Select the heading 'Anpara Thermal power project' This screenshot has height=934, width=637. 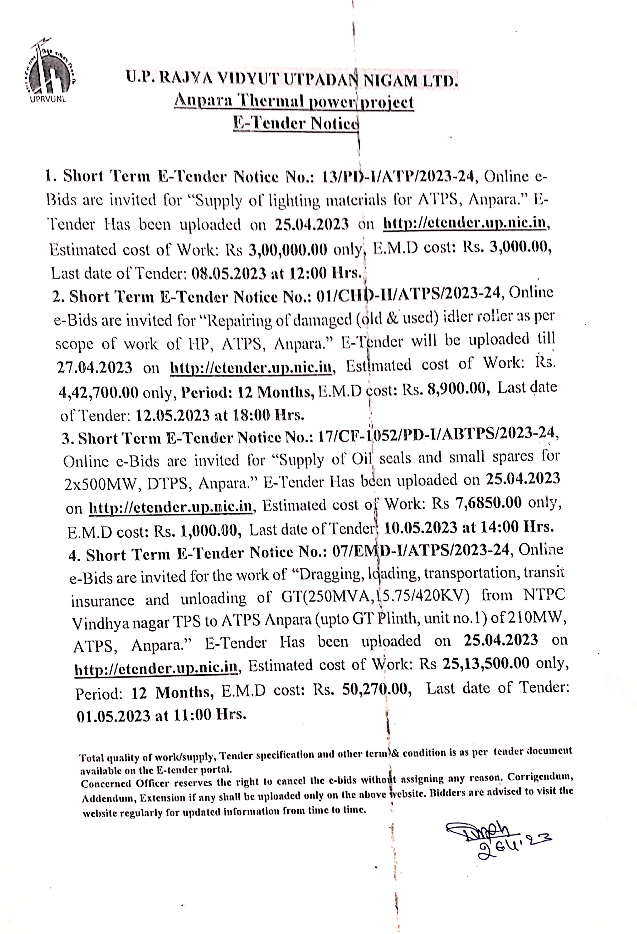(294, 101)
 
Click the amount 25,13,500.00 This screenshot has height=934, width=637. (486, 664)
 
